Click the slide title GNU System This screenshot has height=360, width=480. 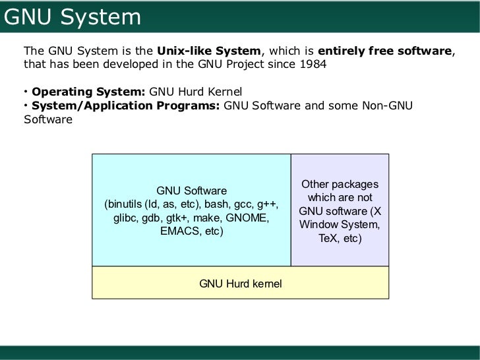point(73,16)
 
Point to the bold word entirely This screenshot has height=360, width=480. point(340,51)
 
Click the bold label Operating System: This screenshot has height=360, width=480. point(88,91)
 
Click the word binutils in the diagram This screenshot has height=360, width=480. point(127,204)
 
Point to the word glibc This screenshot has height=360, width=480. point(127,218)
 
